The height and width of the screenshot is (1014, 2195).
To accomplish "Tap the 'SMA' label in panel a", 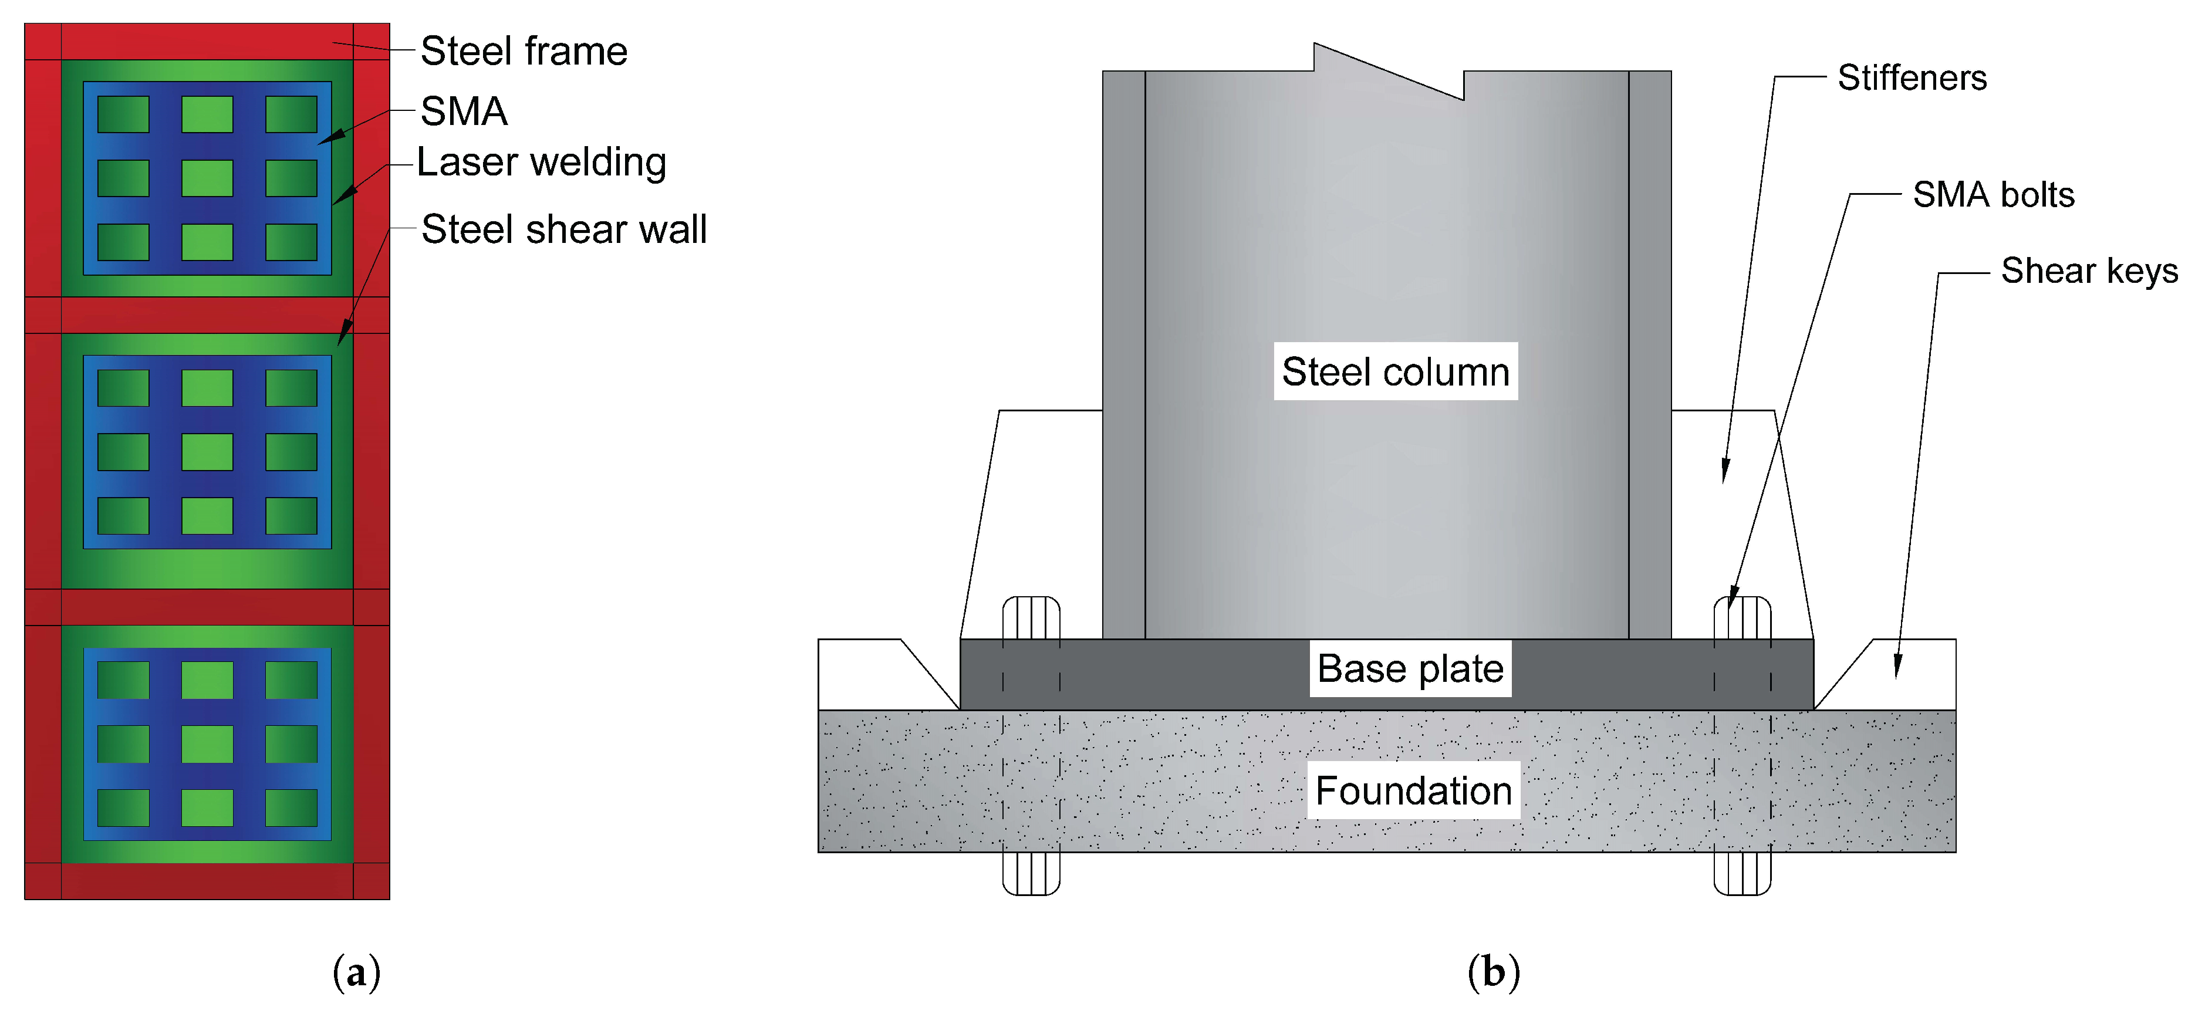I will point(464,111).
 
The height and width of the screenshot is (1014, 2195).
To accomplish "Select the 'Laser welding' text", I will point(541,162).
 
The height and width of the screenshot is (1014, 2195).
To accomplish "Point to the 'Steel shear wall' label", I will point(563,229).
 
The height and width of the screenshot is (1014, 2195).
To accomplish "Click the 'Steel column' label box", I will point(1395,371).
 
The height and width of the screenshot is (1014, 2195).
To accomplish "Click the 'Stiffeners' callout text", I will point(1912,77).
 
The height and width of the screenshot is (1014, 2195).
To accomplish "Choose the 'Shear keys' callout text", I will point(2089,271).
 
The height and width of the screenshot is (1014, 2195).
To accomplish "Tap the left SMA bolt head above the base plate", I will point(1031,618).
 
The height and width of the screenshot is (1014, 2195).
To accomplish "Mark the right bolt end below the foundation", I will point(1742,873).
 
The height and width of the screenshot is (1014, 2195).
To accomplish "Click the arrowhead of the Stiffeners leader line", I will point(1725,473).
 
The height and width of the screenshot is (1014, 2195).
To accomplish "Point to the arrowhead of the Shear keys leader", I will point(1897,669).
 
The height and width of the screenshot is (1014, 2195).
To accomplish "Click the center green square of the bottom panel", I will point(207,744).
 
